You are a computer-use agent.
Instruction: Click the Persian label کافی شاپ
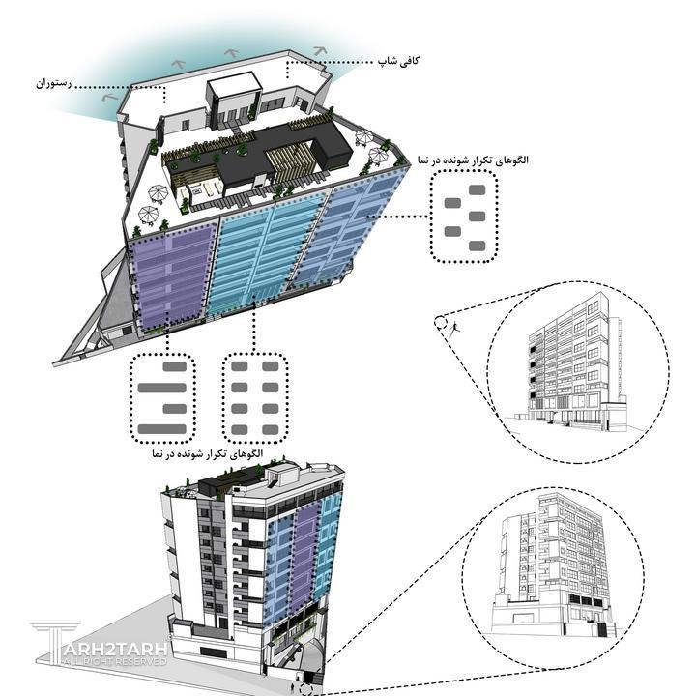click(x=398, y=60)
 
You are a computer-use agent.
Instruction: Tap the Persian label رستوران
click(x=54, y=83)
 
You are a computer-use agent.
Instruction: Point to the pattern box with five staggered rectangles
click(x=464, y=217)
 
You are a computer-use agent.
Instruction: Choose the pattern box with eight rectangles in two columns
click(x=255, y=397)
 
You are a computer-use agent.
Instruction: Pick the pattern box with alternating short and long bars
click(x=162, y=397)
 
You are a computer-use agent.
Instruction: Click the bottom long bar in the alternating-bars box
click(x=162, y=429)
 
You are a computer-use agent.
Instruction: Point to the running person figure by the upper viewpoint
click(x=454, y=329)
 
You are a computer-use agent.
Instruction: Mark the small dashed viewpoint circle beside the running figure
click(x=441, y=323)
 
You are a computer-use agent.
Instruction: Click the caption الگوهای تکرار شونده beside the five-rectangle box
click(x=473, y=160)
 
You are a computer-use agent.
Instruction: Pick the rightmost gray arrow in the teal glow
click(x=320, y=51)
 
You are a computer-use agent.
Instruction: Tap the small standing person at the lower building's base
click(x=292, y=687)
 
